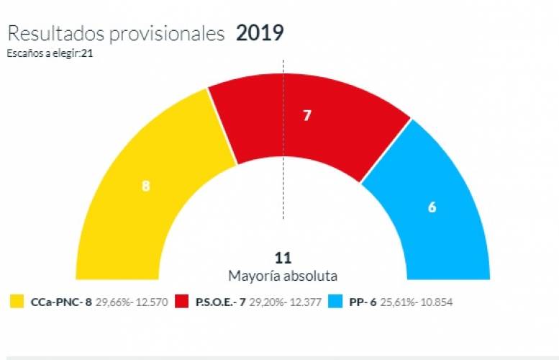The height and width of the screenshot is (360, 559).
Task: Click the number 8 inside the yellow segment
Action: [x=145, y=185]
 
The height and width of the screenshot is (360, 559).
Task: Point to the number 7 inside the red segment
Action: [x=307, y=114]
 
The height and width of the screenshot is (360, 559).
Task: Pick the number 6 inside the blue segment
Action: [x=432, y=207]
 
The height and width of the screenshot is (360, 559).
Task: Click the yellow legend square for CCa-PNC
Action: [x=17, y=301]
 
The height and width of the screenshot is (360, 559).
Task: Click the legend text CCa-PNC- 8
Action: [x=60, y=301]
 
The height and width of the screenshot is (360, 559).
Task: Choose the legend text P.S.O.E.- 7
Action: [x=221, y=301]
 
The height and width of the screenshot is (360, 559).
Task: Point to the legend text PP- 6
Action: [x=363, y=301]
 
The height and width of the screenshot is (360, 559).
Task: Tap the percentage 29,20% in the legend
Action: [x=265, y=301]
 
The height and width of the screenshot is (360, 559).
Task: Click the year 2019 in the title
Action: [x=260, y=33]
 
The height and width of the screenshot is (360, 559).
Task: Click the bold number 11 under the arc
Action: [x=283, y=258]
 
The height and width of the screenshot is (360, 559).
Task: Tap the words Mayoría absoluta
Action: [x=283, y=276]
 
